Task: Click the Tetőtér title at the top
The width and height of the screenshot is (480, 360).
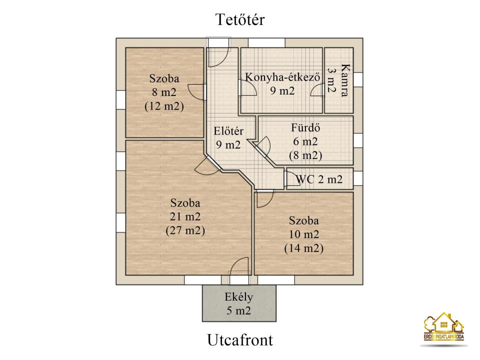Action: point(240,19)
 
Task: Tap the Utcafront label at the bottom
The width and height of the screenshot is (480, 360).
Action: point(240,340)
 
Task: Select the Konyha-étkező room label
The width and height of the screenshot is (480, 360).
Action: point(282,77)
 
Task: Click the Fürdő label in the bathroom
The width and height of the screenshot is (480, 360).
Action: point(305,127)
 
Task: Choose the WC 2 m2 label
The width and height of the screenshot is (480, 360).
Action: point(319,179)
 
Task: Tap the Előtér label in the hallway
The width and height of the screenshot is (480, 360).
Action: point(228,131)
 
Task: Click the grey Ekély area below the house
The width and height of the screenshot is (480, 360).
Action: point(239,303)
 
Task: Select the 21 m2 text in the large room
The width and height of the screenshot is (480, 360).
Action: point(185,216)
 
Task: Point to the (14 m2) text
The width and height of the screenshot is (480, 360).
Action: point(304,248)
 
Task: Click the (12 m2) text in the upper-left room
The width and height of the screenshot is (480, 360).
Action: point(164,106)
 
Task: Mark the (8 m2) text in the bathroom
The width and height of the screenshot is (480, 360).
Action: point(305,155)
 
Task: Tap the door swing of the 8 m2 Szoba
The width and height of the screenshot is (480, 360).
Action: point(195,92)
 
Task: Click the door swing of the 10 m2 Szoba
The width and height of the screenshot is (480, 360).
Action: point(265,199)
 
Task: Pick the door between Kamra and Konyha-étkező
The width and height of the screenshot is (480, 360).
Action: point(317,91)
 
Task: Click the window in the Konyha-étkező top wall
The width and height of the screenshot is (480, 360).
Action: point(266,42)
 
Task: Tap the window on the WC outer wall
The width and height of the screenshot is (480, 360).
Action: point(358,178)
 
